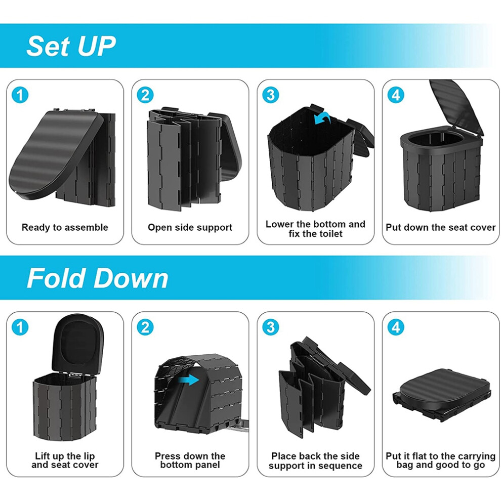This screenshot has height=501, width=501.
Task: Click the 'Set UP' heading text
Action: pyautogui.click(x=71, y=46)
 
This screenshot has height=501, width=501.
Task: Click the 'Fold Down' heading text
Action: pyautogui.click(x=98, y=278)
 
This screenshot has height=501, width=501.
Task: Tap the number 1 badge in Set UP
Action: pyautogui.click(x=20, y=95)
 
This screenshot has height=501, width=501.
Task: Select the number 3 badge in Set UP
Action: pyautogui.click(x=270, y=95)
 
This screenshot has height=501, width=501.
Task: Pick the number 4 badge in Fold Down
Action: pyautogui.click(x=396, y=327)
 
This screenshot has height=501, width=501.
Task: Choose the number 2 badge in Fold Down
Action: pyautogui.click(x=145, y=327)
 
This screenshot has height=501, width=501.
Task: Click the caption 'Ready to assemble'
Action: pyautogui.click(x=65, y=228)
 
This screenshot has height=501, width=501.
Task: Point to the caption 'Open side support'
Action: pyautogui.click(x=190, y=228)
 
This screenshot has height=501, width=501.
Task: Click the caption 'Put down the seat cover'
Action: pyautogui.click(x=441, y=228)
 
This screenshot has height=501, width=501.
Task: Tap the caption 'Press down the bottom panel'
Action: pyautogui.click(x=190, y=460)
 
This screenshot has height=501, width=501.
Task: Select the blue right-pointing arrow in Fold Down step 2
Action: pyautogui.click(x=189, y=380)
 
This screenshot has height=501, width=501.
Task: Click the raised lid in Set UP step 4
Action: pyautogui.click(x=457, y=107)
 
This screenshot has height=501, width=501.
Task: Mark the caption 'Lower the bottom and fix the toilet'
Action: pyautogui.click(x=315, y=229)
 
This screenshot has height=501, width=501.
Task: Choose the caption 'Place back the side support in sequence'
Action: pyautogui.click(x=315, y=461)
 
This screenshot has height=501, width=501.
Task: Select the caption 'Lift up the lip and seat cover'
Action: pyautogui.click(x=65, y=460)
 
